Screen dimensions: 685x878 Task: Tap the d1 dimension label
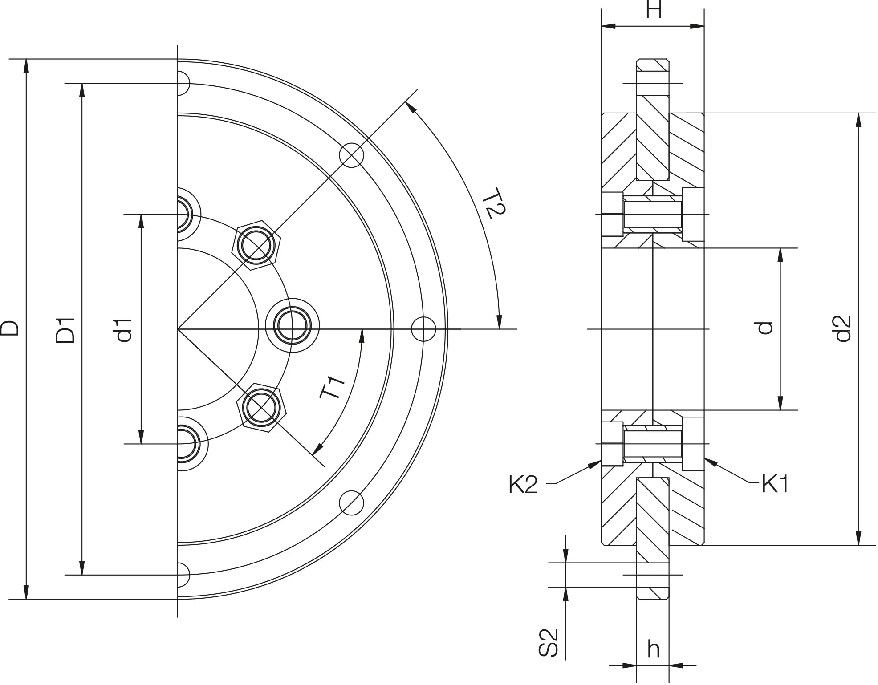pyautogui.click(x=125, y=330)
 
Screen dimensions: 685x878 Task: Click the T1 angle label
pyautogui.click(x=333, y=387)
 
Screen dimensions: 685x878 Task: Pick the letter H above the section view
pyautogui.click(x=654, y=9)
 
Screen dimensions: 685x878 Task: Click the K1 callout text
pyautogui.click(x=775, y=484)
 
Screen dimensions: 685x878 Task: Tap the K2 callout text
pyautogui.click(x=523, y=485)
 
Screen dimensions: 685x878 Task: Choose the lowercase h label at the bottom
pyautogui.click(x=653, y=649)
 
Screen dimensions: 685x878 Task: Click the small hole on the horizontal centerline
pyautogui.click(x=423, y=329)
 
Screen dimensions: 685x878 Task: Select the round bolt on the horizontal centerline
pyautogui.click(x=293, y=325)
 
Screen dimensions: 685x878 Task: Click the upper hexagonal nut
pyautogui.click(x=256, y=245)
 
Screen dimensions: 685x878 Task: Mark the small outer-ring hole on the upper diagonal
pyautogui.click(x=352, y=155)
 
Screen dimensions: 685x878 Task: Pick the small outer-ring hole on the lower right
pyautogui.click(x=352, y=503)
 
